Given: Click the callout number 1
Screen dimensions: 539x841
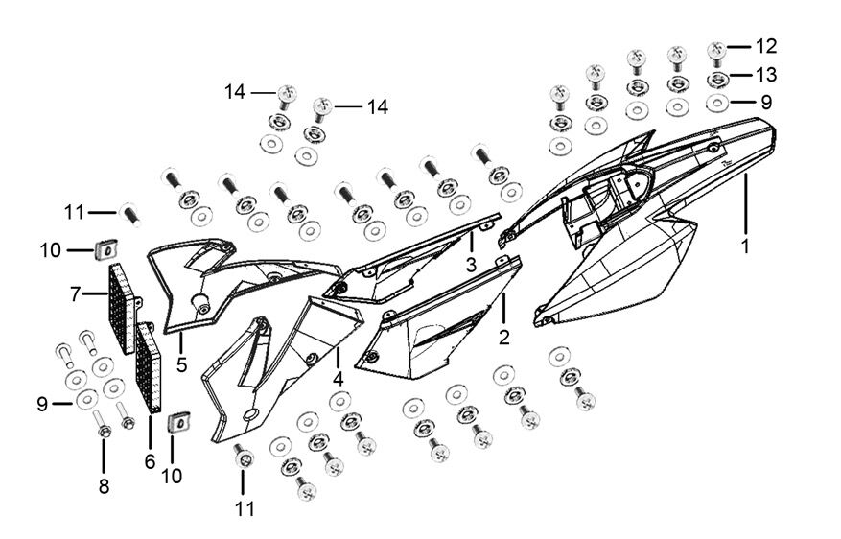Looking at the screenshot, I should [744, 246].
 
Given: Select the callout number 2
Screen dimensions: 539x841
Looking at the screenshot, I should [503, 338].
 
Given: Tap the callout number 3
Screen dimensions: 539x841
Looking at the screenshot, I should [471, 264].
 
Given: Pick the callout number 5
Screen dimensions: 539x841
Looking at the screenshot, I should [180, 365].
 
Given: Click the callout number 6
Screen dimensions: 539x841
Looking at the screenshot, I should [150, 461].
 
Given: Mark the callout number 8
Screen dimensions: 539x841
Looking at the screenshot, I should [104, 486].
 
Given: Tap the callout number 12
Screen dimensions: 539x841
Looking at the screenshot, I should [765, 46].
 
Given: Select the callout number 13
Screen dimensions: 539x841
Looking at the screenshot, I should [765, 74].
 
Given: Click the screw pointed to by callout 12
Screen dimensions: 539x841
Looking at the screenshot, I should [715, 50].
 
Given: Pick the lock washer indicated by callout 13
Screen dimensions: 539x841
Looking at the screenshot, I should [715, 78].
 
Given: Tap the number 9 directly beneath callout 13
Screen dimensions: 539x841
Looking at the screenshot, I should [765, 101].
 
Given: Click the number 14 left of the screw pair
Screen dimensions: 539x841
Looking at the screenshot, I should [236, 92].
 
